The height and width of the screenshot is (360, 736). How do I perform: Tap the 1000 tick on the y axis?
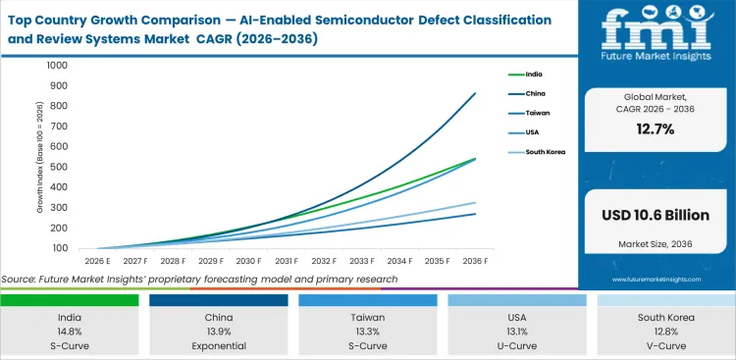tap(56, 66)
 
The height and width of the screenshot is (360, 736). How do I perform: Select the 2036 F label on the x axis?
tap(476, 262)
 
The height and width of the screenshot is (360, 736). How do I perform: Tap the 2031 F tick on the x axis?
tap(286, 262)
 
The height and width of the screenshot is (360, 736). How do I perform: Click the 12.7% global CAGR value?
tap(656, 129)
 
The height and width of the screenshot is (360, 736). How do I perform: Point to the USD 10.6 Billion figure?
tap(656, 215)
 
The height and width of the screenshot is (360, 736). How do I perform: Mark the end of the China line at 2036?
tap(476, 93)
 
